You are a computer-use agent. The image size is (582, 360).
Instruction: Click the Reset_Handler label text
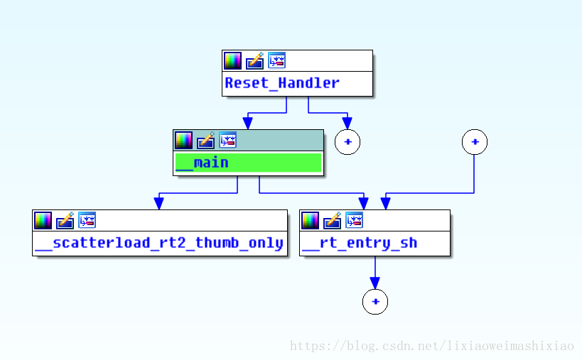(x=282, y=82)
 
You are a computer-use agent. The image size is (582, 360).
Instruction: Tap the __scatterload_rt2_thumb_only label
(x=159, y=244)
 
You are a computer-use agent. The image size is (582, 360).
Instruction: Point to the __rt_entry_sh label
(x=360, y=244)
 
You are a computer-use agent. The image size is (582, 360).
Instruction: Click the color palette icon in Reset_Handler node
(x=232, y=61)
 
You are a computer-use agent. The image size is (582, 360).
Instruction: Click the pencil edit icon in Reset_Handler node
(x=254, y=61)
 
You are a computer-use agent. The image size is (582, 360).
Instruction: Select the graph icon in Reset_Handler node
(x=276, y=60)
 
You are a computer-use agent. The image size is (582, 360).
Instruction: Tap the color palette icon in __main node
(x=184, y=141)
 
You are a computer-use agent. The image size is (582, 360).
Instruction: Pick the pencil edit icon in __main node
(x=205, y=141)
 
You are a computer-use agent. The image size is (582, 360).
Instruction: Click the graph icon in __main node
(x=227, y=140)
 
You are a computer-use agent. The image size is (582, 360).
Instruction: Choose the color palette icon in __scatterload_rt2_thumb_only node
(x=43, y=221)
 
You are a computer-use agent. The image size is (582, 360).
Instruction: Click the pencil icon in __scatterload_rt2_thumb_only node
(x=65, y=221)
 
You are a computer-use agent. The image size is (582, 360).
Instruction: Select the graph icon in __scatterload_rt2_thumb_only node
(x=87, y=220)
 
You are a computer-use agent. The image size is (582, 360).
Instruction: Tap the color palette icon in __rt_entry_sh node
(x=310, y=221)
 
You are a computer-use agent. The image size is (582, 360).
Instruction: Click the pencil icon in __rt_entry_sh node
(x=332, y=221)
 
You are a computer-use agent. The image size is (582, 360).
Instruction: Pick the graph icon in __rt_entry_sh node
(x=354, y=220)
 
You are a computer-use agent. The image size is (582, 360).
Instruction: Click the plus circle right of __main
(x=347, y=142)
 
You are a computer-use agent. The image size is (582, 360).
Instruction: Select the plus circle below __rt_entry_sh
(x=375, y=302)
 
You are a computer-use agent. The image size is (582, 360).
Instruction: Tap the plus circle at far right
(x=475, y=142)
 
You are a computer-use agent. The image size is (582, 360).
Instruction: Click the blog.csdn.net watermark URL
(x=432, y=346)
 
